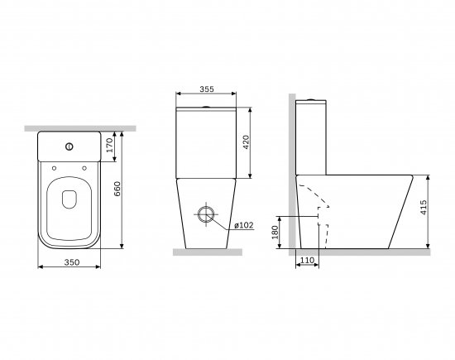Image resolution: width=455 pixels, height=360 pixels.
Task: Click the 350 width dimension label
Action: coord(72,262)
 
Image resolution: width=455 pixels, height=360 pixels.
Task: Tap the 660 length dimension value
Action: coord(117,189)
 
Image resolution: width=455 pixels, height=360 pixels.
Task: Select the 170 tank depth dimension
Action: coord(109,145)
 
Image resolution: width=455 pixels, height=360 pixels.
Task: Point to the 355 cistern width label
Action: coord(207,89)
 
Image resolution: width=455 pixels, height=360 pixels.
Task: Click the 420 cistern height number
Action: coord(246,142)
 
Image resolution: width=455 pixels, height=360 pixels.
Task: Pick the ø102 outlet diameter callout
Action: coord(244,225)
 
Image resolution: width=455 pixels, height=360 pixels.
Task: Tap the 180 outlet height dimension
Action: coord(275,232)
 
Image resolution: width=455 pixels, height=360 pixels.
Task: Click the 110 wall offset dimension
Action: coord(307,260)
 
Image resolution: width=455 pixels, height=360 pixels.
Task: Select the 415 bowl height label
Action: coord(424,207)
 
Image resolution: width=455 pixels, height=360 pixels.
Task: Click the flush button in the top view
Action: coord(69,147)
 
